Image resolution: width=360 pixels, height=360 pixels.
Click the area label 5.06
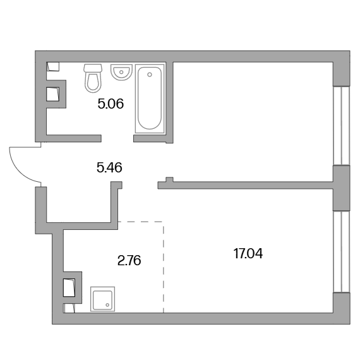[111, 104]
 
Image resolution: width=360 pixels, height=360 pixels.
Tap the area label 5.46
[109, 167]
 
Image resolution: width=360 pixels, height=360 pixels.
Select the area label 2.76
[129, 261]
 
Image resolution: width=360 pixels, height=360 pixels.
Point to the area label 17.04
[248, 254]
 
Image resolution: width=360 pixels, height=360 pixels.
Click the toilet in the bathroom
[93, 78]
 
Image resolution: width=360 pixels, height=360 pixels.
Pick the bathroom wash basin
[121, 72]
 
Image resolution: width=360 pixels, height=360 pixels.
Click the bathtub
[150, 99]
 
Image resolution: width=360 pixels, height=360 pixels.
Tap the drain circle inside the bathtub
[150, 75]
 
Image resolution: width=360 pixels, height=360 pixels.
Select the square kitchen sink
[102, 299]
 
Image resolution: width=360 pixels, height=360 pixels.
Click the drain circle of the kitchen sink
[107, 305]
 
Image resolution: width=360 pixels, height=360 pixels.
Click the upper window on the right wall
[342, 126]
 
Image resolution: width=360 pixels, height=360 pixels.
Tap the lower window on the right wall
[342, 251]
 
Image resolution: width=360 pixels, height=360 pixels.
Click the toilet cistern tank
[93, 68]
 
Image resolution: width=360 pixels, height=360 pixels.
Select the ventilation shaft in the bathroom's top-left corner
[53, 66]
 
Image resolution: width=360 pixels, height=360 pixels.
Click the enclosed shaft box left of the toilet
[53, 94]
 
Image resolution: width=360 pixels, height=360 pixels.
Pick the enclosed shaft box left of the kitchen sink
[69, 287]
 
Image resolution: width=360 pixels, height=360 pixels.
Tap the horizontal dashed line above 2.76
[140, 222]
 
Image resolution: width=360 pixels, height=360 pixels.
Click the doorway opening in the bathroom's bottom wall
[117, 138]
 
